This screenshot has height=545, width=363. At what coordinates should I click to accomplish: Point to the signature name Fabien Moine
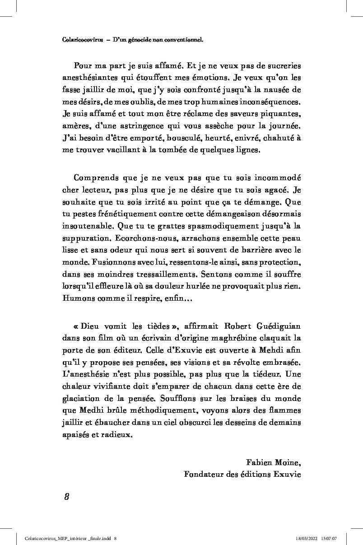[x=273, y=462]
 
